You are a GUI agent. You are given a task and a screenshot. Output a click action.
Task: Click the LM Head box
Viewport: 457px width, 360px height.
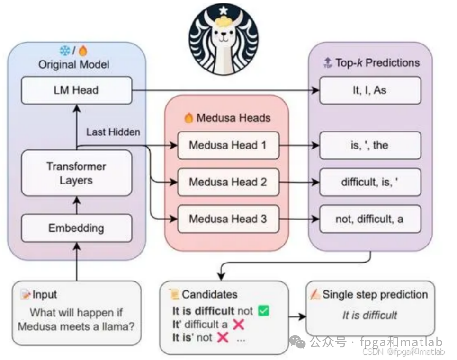(76, 90)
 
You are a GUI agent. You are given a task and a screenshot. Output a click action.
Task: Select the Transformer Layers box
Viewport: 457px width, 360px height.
(76, 173)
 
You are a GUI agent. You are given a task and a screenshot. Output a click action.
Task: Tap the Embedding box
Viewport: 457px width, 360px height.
(76, 228)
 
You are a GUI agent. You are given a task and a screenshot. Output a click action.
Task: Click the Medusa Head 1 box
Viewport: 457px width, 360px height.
(228, 145)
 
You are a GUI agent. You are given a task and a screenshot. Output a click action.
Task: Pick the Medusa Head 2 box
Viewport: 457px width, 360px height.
(228, 182)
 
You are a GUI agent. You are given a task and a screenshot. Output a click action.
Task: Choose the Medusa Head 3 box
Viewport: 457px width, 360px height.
(228, 219)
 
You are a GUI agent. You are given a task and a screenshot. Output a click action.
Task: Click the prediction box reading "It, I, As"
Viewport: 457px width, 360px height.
(370, 90)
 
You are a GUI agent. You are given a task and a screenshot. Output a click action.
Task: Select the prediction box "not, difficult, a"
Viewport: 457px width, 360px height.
(370, 219)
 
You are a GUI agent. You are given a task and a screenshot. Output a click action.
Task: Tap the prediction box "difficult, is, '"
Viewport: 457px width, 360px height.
(370, 182)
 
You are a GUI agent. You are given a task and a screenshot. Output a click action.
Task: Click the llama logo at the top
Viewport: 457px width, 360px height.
(223, 39)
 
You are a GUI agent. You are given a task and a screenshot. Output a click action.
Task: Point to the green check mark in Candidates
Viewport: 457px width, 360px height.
(263, 311)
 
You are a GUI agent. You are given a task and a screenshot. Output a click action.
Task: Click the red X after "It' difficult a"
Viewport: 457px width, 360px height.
(238, 325)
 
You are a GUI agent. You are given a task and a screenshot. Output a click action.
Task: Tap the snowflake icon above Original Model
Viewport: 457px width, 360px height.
(64, 51)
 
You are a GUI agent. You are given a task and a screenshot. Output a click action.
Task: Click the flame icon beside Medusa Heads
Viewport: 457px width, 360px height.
(189, 118)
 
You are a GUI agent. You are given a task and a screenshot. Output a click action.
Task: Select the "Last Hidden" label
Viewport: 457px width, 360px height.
(113, 132)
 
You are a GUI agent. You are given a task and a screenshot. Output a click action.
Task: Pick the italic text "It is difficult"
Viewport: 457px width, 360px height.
(370, 316)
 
